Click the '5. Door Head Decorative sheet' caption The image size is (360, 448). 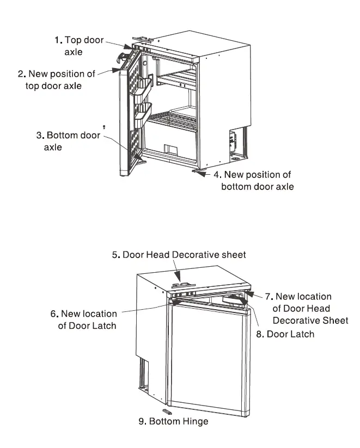179,254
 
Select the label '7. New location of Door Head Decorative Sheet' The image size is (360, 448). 303,308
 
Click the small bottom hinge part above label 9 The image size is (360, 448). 166,410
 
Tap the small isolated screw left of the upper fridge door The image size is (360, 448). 103,126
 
